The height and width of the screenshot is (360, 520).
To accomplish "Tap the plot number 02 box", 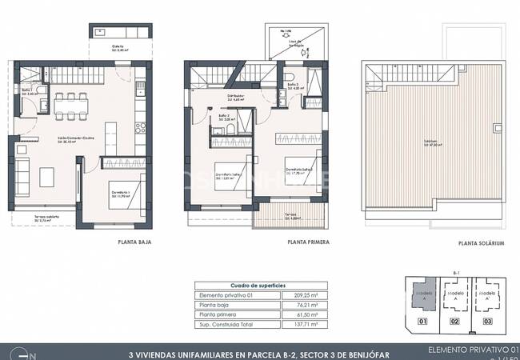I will (x=454, y=322).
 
